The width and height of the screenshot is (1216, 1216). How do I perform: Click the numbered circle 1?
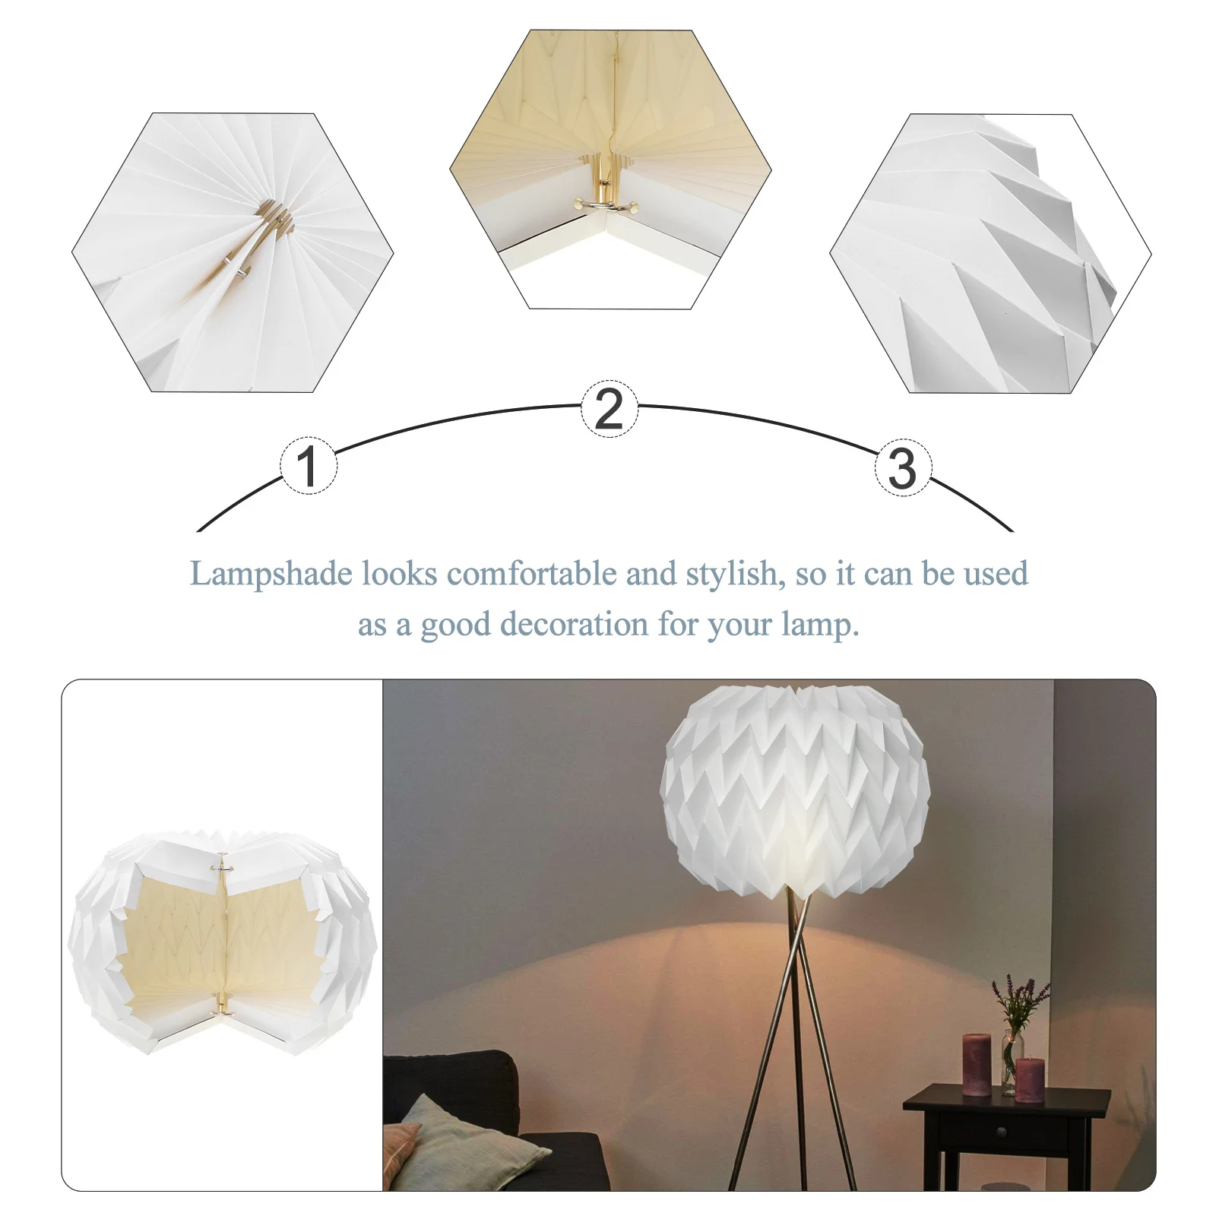tap(308, 466)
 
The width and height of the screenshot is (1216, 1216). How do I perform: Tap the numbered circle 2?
tap(610, 409)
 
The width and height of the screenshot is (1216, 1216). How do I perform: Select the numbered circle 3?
tap(903, 467)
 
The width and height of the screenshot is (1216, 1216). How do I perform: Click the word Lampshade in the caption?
tap(271, 574)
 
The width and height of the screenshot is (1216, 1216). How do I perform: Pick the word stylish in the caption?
tap(734, 574)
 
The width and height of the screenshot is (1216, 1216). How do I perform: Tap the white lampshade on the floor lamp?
tap(795, 790)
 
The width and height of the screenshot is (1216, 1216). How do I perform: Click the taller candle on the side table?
tap(977, 1064)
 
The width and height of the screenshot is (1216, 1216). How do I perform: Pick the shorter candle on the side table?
tap(1030, 1079)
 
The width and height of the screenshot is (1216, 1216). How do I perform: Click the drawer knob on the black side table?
tap(1002, 1133)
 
